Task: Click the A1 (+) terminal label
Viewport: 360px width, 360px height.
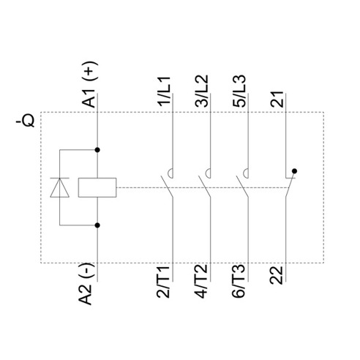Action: click(x=89, y=84)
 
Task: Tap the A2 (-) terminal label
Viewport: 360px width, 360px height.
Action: click(x=86, y=284)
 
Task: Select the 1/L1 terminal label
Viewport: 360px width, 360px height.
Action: click(x=164, y=91)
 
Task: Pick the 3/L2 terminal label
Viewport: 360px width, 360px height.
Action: click(x=202, y=91)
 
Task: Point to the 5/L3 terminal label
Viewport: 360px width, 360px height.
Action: click(x=239, y=91)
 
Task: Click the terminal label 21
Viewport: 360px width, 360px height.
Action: click(x=277, y=100)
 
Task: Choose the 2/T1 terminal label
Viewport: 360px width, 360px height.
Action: click(x=163, y=282)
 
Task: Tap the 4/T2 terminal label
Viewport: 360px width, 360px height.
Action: click(x=201, y=282)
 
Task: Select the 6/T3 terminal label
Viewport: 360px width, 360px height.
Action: click(x=239, y=282)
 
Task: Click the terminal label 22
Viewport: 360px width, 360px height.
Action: click(x=277, y=276)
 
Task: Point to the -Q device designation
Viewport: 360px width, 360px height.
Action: click(x=25, y=121)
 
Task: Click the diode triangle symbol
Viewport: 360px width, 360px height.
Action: click(x=60, y=187)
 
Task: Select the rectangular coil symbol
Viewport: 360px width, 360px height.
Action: click(x=97, y=187)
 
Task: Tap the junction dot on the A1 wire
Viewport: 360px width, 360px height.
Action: click(x=97, y=150)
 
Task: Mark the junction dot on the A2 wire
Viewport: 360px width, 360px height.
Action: click(x=97, y=225)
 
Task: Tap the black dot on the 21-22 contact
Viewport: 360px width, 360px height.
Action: click(x=294, y=171)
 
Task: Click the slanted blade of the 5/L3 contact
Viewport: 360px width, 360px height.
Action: click(x=242, y=187)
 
